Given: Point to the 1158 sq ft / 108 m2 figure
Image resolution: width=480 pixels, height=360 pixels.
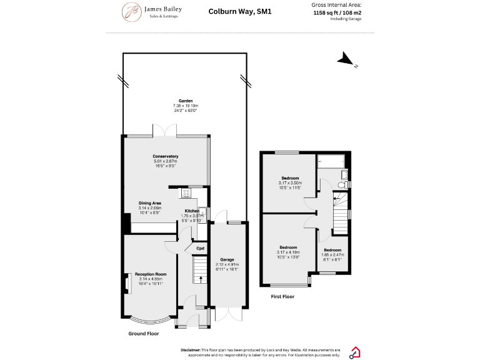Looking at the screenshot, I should tap(337, 12).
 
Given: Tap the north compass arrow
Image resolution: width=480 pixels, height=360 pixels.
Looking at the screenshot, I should tap(345, 60).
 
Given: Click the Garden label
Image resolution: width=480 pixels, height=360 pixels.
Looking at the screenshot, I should tap(185, 101).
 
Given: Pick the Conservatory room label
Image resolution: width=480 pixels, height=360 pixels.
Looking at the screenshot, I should tap(166, 156).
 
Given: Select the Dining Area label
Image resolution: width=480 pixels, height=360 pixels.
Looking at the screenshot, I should tap(150, 203).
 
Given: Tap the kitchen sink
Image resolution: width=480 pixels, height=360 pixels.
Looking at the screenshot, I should tap(201, 212).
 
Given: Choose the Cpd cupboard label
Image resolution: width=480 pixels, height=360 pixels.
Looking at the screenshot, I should tap(200, 249).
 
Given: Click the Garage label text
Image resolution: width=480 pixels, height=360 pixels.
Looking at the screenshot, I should tap(226, 259).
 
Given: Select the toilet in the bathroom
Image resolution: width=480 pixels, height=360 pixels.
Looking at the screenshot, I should tap(340, 184).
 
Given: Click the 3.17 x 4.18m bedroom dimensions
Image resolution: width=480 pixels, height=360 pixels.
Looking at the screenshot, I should tap(288, 252).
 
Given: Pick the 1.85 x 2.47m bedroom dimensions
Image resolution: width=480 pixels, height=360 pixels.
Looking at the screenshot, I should tap(332, 254).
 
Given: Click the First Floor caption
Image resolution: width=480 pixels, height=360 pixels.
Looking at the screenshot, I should tap(282, 297).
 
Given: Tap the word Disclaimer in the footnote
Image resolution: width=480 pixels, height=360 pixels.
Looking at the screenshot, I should tap(191, 350).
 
